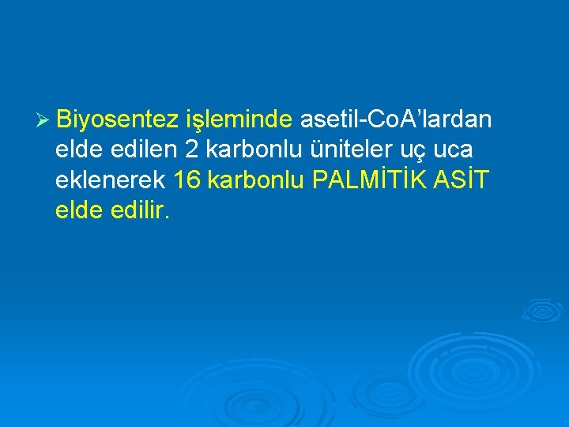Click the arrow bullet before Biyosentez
(43, 121)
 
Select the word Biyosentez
(118, 120)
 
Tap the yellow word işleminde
(239, 121)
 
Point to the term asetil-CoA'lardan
(396, 120)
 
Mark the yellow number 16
(187, 180)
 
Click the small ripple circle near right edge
(545, 310)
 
